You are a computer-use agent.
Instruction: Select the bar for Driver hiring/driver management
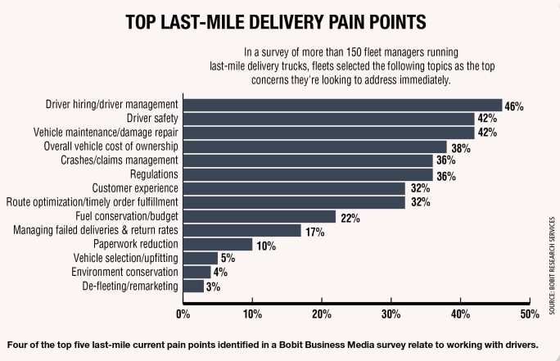point(341,105)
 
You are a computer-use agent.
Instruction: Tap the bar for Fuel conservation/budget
point(259,216)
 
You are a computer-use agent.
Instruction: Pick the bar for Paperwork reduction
point(217,244)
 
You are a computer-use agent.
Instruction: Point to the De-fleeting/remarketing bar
point(193,286)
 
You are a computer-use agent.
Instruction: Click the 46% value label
point(514,106)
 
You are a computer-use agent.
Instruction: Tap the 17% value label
point(314,231)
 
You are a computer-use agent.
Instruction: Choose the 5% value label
point(228,259)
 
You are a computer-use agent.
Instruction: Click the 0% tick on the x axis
point(183,312)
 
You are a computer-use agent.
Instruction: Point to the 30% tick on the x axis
point(391,312)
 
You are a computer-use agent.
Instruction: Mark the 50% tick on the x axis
point(530,312)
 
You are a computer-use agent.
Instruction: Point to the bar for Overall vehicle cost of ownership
point(314,147)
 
